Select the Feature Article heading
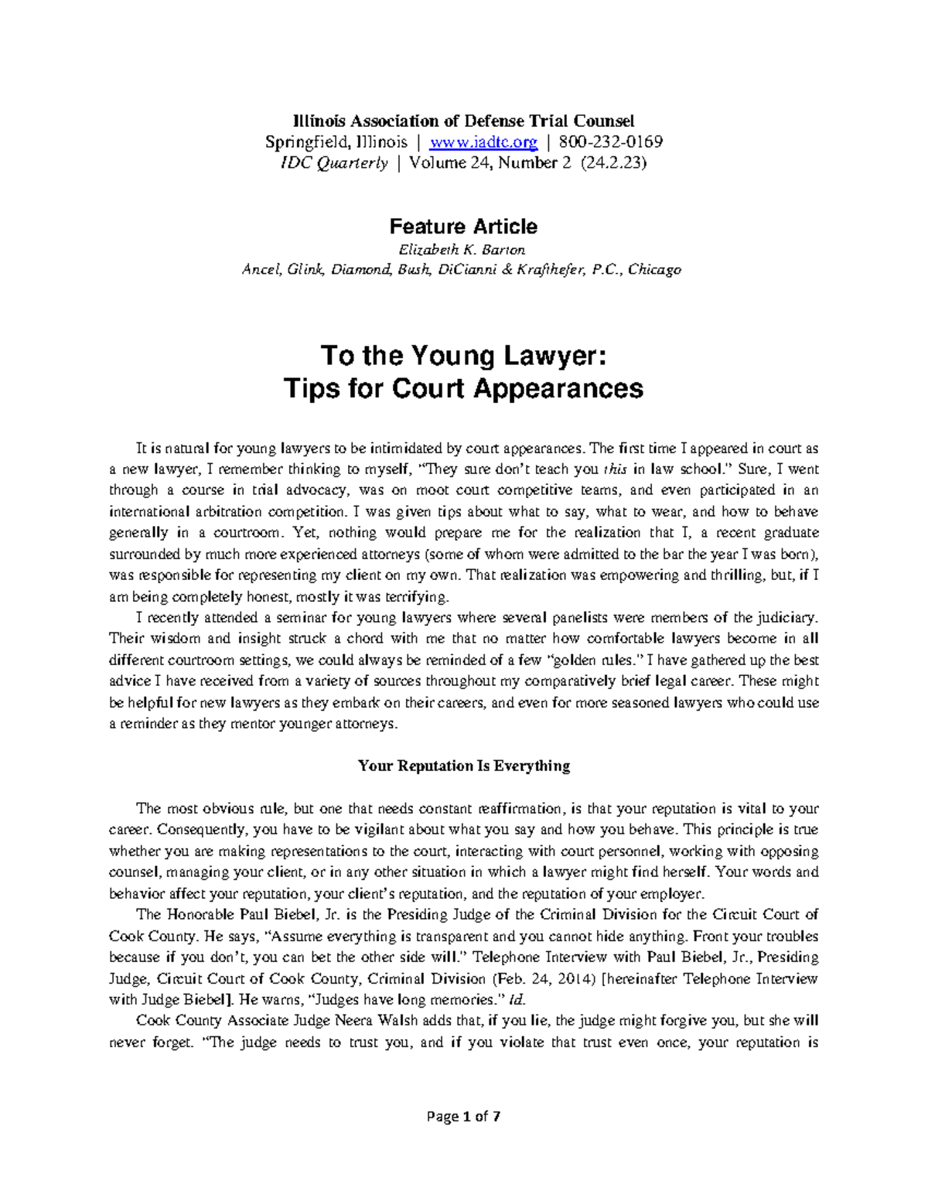click(463, 227)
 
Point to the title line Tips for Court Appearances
click(463, 387)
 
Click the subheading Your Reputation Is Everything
click(463, 766)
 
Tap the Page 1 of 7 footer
click(463, 1117)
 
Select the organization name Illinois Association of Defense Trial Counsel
click(463, 121)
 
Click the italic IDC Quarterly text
click(352, 163)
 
